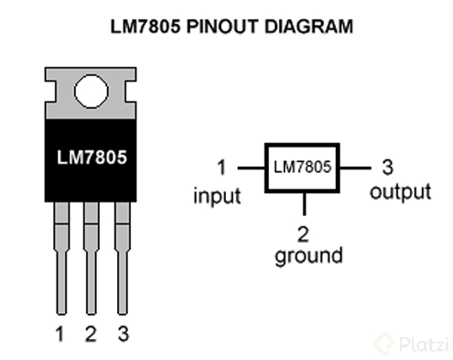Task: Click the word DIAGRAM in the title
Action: pos(300,28)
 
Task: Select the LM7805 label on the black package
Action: pos(90,156)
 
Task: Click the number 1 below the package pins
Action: pos(60,334)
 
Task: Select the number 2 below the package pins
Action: pos(90,334)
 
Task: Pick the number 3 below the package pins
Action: pos(121,334)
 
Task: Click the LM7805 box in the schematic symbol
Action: pos(303,169)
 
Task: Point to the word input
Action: pos(218,195)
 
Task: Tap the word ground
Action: pos(308,255)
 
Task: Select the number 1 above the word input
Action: pos(221,169)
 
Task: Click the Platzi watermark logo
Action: pos(409,344)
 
